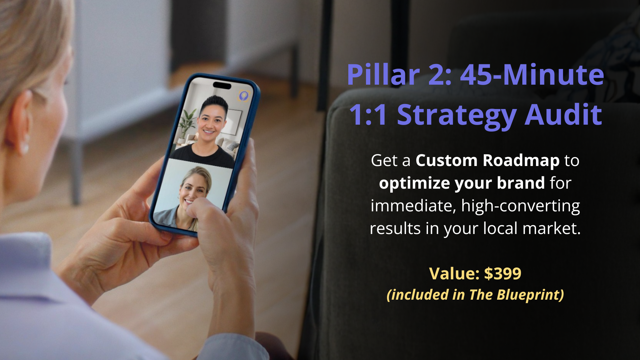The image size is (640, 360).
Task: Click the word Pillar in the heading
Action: pos(383,75)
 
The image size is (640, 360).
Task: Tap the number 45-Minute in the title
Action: pos(532,75)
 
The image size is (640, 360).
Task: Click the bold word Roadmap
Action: pos(521,161)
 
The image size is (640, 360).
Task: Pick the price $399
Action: pos(503,274)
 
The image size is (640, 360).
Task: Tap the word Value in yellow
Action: pos(454,274)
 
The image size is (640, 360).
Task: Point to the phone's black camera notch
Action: pos(222,85)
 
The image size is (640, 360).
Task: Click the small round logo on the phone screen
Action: pos(244,96)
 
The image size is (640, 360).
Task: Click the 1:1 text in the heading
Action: pos(369,115)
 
